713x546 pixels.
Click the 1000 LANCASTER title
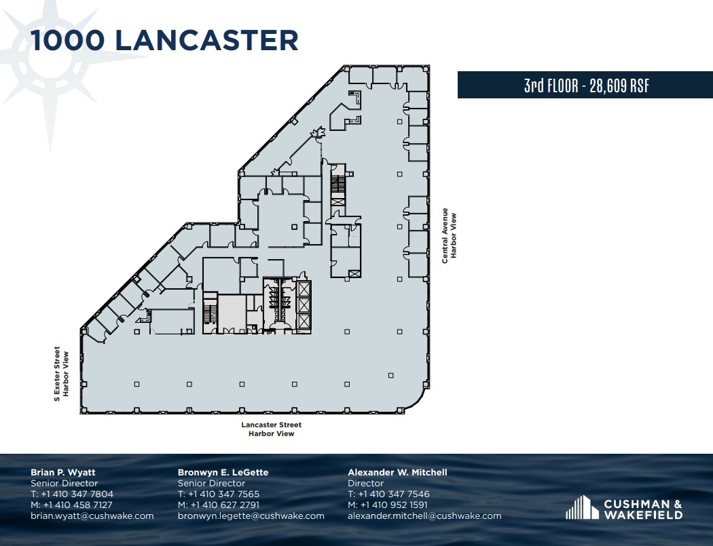[x=164, y=40]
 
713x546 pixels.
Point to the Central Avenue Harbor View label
[x=450, y=235]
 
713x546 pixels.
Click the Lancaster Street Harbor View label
[x=271, y=429]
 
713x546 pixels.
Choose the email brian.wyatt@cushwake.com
[x=92, y=516]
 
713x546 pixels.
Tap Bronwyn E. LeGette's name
[x=223, y=472]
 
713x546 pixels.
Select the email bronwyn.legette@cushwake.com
[x=251, y=516]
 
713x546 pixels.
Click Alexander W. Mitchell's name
[x=397, y=472]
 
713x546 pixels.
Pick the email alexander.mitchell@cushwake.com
[x=424, y=516]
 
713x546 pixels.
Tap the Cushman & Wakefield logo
[x=623, y=508]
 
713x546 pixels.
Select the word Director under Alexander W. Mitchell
[x=365, y=484]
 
